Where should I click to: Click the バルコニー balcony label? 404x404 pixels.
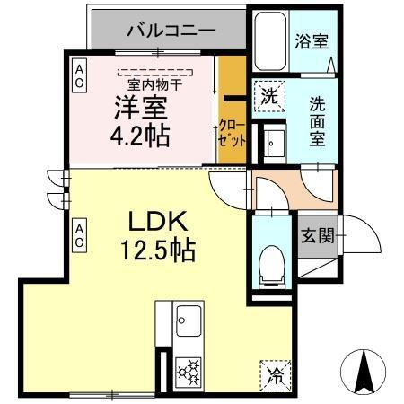pyautogui.click(x=171, y=30)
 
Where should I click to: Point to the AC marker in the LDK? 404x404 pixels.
pyautogui.click(x=79, y=235)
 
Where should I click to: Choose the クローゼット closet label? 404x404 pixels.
pyautogui.click(x=231, y=135)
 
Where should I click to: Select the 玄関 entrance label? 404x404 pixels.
pyautogui.click(x=317, y=236)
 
